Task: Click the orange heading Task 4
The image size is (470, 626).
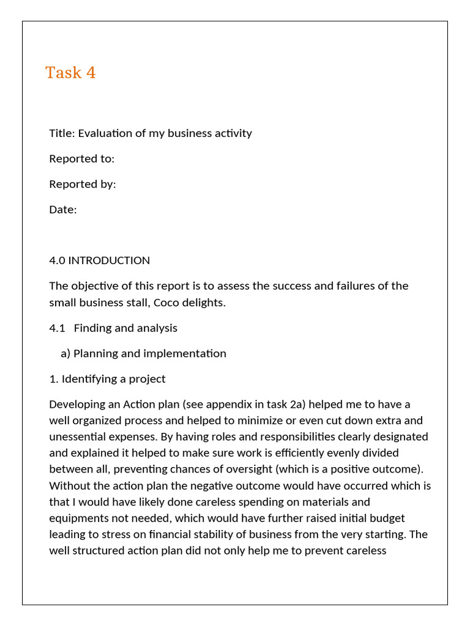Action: coord(70,73)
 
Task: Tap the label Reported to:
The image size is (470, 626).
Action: coord(81,159)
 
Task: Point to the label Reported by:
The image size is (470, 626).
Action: coord(82,184)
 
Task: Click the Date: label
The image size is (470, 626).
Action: coord(63,210)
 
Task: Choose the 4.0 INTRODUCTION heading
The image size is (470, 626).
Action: coord(99,260)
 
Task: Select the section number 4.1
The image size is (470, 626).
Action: coord(57,328)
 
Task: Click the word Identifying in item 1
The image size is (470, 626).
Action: coord(89,379)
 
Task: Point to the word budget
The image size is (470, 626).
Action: coord(384,518)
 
